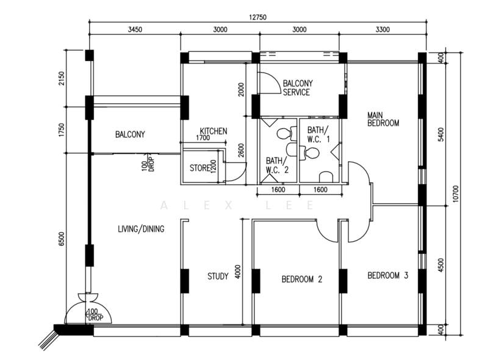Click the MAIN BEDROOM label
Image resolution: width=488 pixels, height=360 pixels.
click(382, 118)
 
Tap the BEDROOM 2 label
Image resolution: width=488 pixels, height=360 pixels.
click(301, 279)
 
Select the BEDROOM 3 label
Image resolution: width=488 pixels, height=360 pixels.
click(387, 275)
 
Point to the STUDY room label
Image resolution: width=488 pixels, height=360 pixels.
click(218, 276)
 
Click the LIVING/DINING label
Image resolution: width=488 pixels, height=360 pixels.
click(142, 229)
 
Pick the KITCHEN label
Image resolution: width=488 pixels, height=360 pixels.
click(213, 131)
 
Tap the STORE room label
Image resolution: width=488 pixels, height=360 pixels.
click(199, 168)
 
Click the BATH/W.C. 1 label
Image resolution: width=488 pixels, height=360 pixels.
click(318, 134)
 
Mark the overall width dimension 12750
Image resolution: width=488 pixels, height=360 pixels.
click(257, 17)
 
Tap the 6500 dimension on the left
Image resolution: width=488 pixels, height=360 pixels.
click(63, 239)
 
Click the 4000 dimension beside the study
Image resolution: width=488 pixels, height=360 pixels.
click(238, 270)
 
